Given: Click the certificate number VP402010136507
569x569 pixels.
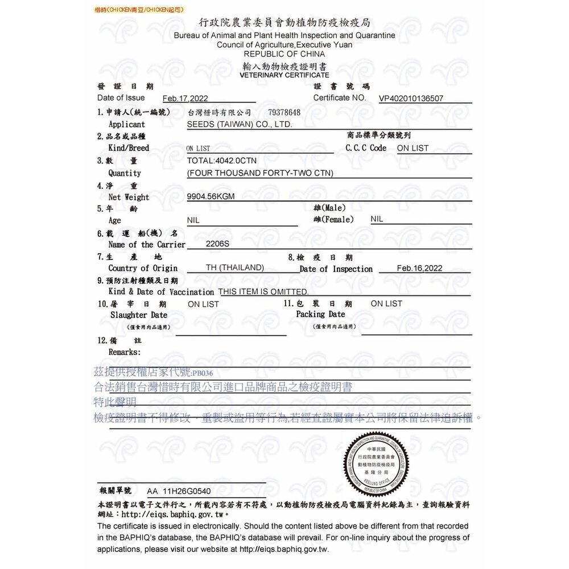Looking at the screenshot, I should pyautogui.click(x=411, y=98).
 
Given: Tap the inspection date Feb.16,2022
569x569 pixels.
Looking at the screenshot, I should pyautogui.click(x=419, y=268).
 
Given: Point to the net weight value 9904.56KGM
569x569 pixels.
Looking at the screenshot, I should pyautogui.click(x=211, y=197).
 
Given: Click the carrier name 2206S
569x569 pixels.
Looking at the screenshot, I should pyautogui.click(x=217, y=244).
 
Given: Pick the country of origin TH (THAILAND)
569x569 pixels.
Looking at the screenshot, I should pyautogui.click(x=234, y=267).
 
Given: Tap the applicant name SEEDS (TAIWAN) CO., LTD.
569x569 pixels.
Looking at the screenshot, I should pyautogui.click(x=240, y=124).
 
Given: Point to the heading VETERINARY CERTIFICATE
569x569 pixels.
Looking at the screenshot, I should pyautogui.click(x=284, y=75).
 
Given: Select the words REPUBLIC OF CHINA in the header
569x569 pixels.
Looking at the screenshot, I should pyautogui.click(x=284, y=54).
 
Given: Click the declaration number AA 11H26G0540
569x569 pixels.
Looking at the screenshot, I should pyautogui.click(x=179, y=490).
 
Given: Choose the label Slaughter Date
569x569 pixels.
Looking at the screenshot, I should pyautogui.click(x=139, y=315).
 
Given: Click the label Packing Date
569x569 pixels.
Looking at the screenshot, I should pyautogui.click(x=320, y=314).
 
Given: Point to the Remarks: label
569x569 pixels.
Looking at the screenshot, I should pyautogui.click(x=124, y=352).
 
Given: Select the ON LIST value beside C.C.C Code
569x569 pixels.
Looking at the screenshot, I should pyautogui.click(x=413, y=148).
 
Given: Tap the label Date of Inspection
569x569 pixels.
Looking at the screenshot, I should pyautogui.click(x=336, y=269).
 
